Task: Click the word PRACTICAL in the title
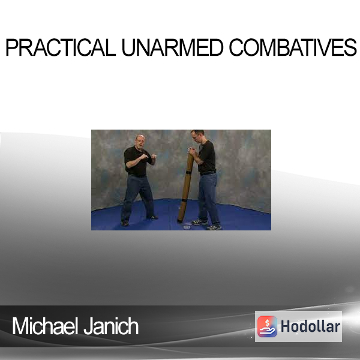tap(61, 47)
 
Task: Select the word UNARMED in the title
tap(172, 47)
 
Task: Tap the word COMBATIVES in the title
tap(293, 47)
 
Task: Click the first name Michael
tap(44, 326)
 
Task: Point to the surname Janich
tap(111, 326)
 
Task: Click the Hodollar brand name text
tap(310, 326)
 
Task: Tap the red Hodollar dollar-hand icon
tap(267, 326)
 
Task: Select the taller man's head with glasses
tap(197, 136)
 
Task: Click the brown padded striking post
tap(185, 187)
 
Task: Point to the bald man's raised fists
tap(149, 157)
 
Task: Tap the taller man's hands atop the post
tap(192, 151)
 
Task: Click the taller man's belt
tap(208, 173)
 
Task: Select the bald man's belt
tap(137, 176)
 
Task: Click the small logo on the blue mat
tap(187, 227)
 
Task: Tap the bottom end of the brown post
tap(180, 221)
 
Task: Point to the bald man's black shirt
tap(137, 161)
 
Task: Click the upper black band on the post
tap(189, 172)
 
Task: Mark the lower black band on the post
tap(184, 200)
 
